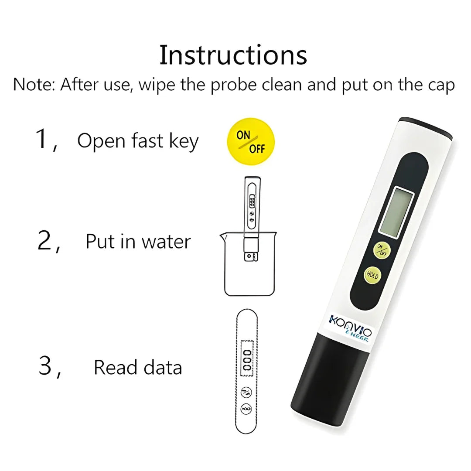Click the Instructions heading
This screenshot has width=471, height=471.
pyautogui.click(x=233, y=55)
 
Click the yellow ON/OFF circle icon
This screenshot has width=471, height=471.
pyautogui.click(x=251, y=141)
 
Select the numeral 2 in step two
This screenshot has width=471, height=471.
pyautogui.click(x=45, y=241)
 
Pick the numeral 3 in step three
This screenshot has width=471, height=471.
pyautogui.click(x=45, y=366)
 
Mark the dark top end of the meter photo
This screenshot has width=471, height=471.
pyautogui.click(x=427, y=125)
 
